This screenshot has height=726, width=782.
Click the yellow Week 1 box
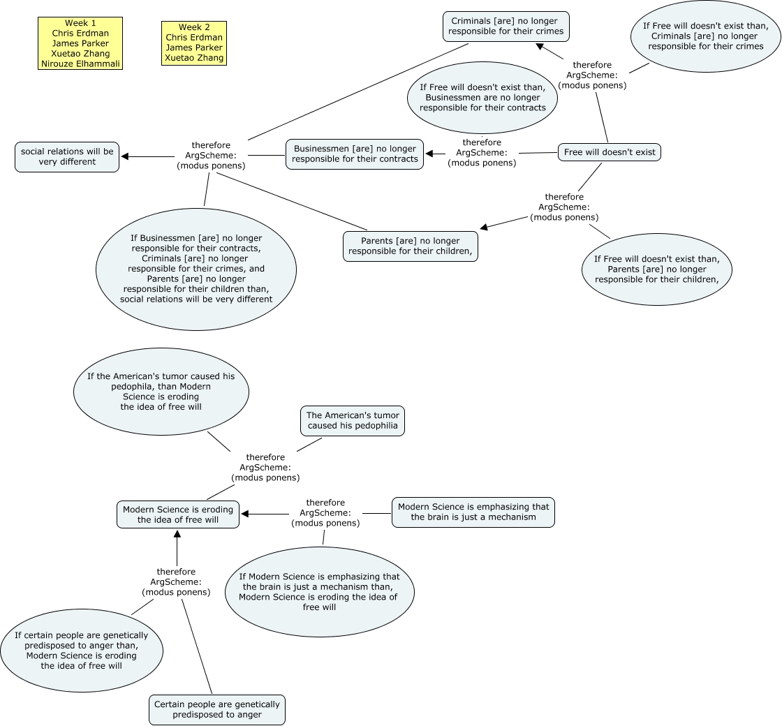pos(80,43)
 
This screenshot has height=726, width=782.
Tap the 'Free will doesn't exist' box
pos(610,152)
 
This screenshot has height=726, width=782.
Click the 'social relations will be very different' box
pos(67,156)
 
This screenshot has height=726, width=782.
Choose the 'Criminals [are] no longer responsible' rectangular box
pos(506,27)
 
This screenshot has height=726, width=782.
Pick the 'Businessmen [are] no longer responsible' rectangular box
pos(355,154)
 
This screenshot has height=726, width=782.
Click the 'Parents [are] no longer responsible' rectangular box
pos(411,246)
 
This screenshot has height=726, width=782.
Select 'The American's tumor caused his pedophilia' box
pos(353,420)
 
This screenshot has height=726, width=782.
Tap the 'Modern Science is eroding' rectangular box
pos(178,514)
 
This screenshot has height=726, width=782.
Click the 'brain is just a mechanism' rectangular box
pos(473,512)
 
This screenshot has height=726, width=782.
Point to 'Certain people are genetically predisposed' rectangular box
pos(217,709)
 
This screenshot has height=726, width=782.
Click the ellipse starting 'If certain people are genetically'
pos(82,651)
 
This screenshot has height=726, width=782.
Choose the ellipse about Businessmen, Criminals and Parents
pos(196,269)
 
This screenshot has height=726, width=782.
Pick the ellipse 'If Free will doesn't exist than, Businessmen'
pos(482,98)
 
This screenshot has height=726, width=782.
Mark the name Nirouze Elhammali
pos(80,64)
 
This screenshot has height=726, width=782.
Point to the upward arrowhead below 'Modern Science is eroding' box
pos(177,534)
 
